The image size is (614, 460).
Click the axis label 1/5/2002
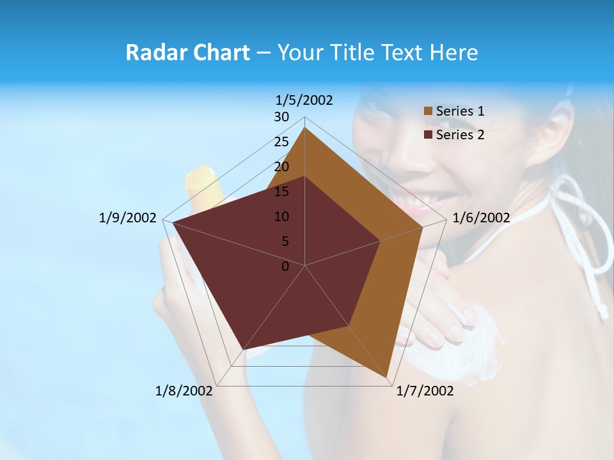[304, 100]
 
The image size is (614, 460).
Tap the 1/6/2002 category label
[481, 218]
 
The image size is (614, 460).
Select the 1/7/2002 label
[425, 390]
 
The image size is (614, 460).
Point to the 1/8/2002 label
[184, 390]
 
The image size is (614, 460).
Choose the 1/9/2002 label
[128, 218]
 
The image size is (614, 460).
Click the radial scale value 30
[281, 117]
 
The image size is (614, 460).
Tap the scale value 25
[281, 142]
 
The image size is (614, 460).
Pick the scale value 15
[281, 192]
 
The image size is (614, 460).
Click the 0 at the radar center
[285, 266]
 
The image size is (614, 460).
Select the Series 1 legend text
[460, 111]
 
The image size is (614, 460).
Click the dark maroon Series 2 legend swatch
[429, 135]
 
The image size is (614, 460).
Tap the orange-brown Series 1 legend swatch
[429, 111]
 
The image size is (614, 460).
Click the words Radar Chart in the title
[187, 52]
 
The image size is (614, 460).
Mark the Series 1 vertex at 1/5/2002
[305, 127]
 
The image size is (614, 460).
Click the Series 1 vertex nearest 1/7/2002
[387, 378]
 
